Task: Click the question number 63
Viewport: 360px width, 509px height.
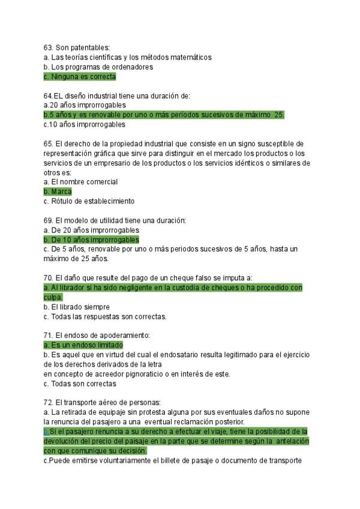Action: point(48,47)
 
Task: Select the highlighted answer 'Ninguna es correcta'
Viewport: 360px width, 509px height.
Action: point(80,77)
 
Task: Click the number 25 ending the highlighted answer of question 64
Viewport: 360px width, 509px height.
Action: point(279,115)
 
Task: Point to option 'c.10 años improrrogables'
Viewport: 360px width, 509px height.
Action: point(84,124)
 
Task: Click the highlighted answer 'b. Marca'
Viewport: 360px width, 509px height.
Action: point(58,191)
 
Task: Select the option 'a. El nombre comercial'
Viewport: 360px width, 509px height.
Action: point(80,182)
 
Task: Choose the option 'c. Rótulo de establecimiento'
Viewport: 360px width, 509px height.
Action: point(89,201)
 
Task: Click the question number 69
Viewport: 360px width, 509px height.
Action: point(48,220)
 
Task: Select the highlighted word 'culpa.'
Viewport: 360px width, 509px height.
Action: point(54,297)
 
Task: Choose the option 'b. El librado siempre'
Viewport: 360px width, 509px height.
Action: point(76,307)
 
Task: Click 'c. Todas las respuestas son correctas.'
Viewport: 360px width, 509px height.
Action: point(105,316)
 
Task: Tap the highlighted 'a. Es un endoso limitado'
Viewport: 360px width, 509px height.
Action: point(83,345)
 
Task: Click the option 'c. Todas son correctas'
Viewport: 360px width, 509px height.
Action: point(80,384)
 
